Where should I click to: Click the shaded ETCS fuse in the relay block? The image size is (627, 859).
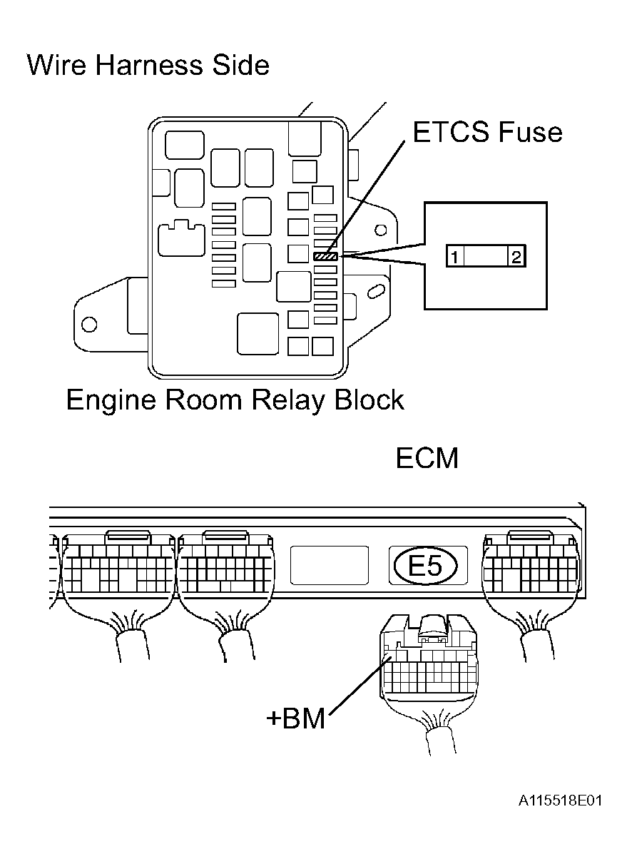click(x=325, y=257)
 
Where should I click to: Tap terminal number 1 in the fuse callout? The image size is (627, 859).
click(x=455, y=257)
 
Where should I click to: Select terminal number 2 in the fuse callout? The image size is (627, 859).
click(x=516, y=257)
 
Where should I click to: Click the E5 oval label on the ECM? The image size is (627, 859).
click(x=426, y=566)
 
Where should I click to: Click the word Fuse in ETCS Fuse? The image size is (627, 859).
click(x=531, y=132)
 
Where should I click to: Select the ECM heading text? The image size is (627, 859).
click(x=427, y=458)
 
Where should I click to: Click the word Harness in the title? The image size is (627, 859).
click(x=149, y=64)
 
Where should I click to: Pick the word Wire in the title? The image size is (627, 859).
click(x=57, y=64)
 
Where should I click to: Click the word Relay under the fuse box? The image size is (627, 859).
click(x=289, y=400)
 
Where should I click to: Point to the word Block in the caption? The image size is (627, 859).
click(x=369, y=400)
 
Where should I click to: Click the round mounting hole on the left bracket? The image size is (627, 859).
click(x=89, y=325)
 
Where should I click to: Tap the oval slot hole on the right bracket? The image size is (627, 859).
click(x=377, y=291)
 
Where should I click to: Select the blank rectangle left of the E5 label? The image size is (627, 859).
click(x=330, y=565)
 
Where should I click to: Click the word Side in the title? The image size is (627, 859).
click(x=241, y=64)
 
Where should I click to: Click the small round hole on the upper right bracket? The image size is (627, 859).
click(x=380, y=230)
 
